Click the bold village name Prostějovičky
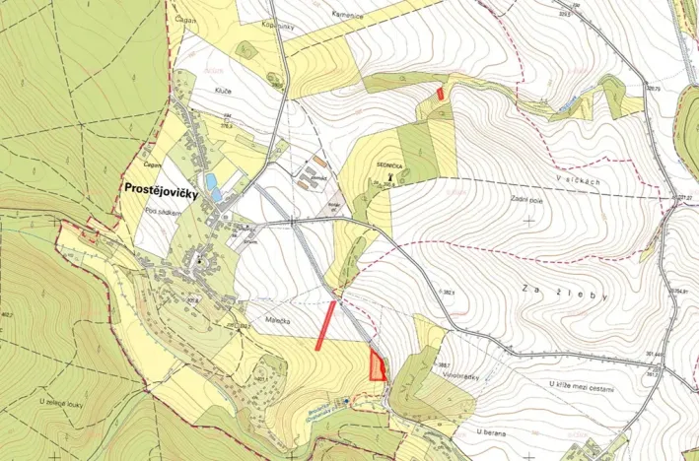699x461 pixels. coord(161,193)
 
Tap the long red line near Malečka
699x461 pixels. coord(325,325)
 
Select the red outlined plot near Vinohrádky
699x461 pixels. coord(375,366)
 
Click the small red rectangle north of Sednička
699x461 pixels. coord(439,93)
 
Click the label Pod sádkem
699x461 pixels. coord(160,211)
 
